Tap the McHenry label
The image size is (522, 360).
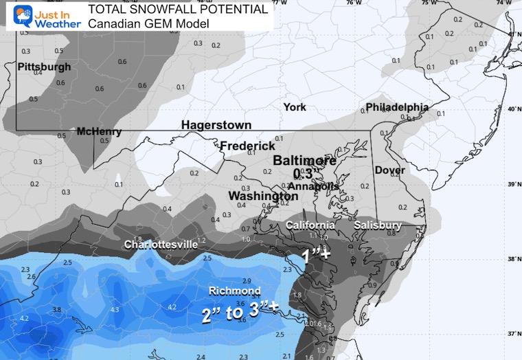click(x=99, y=131)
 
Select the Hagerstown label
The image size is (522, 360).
click(x=216, y=125)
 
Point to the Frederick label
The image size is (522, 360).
click(x=247, y=146)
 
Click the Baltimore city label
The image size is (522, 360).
click(x=306, y=161)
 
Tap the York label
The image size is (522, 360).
click(x=295, y=107)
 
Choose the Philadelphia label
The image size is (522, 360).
click(x=397, y=107)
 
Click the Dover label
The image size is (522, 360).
click(x=389, y=170)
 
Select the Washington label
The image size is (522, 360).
click(x=263, y=196)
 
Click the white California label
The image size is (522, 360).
click(x=310, y=225)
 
